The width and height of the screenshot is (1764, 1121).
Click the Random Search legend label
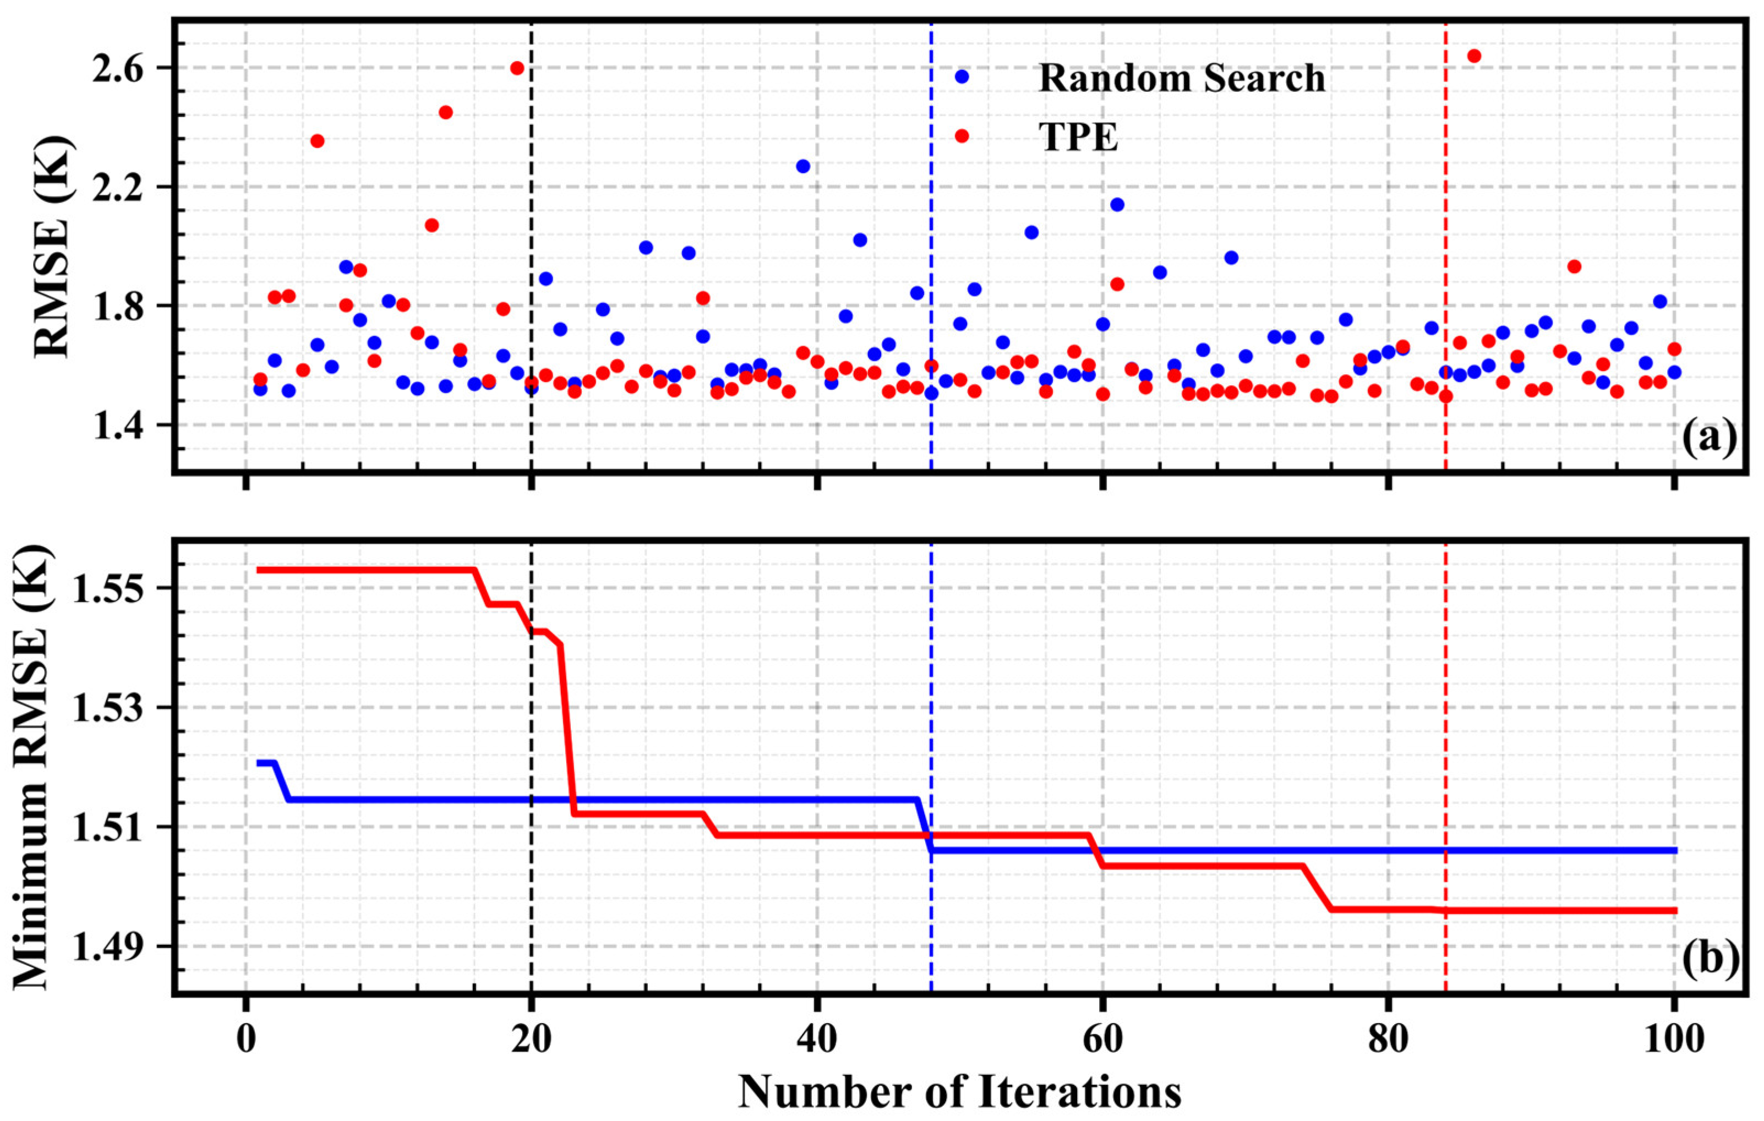point(1182,78)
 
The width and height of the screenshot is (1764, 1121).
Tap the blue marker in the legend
point(962,76)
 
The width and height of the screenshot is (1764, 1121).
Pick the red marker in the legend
point(962,135)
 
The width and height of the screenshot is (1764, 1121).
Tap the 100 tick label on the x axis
point(1674,1041)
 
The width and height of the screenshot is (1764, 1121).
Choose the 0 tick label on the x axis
point(245,1041)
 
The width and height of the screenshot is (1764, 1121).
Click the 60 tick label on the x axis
point(1102,1041)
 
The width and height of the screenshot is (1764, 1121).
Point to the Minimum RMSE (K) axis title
point(33,765)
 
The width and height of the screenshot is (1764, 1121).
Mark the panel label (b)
point(1707,958)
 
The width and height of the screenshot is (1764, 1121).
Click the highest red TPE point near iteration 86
point(1474,56)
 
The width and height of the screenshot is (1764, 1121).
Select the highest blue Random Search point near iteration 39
point(803,166)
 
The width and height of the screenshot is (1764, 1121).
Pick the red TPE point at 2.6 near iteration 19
point(517,68)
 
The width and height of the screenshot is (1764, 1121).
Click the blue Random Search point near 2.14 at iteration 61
point(1117,204)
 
